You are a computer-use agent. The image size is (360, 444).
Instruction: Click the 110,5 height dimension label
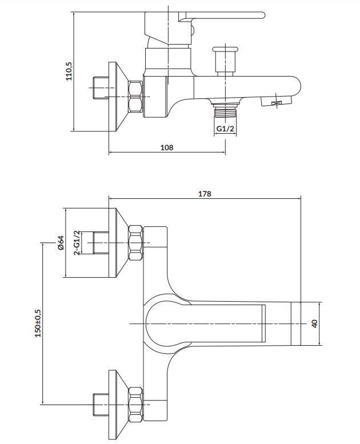pos(69,71)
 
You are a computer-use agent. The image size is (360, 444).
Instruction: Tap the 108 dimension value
pos(167,147)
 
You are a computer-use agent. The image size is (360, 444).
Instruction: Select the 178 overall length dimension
pos(205,194)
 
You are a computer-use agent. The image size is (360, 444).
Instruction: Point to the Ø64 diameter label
pos(61,243)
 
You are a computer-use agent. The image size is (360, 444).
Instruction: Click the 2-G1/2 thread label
pos(77,243)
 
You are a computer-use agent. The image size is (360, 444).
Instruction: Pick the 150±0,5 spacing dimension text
pos(38,323)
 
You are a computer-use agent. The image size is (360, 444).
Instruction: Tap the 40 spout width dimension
pos(314,323)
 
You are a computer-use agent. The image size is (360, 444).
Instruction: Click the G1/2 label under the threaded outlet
pos(225,129)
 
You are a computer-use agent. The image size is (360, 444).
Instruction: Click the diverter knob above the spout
pos(225,60)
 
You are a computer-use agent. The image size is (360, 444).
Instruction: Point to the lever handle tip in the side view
pos(261,15)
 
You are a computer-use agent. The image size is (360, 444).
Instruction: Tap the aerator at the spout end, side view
pos(276,101)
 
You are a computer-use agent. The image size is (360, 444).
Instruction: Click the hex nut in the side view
pos(135,97)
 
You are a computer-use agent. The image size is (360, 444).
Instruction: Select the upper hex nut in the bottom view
pos(135,243)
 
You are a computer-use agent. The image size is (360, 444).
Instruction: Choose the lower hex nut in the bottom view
pos(135,405)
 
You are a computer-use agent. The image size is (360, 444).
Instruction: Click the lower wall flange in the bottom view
pos(117,405)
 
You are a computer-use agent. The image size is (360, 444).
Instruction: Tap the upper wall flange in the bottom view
pos(117,243)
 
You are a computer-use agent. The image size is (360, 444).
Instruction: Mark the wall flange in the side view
pos(117,97)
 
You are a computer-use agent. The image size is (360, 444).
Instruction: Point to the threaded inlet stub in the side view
pos(101,88)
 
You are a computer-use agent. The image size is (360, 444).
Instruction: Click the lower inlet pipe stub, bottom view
pos(101,405)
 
